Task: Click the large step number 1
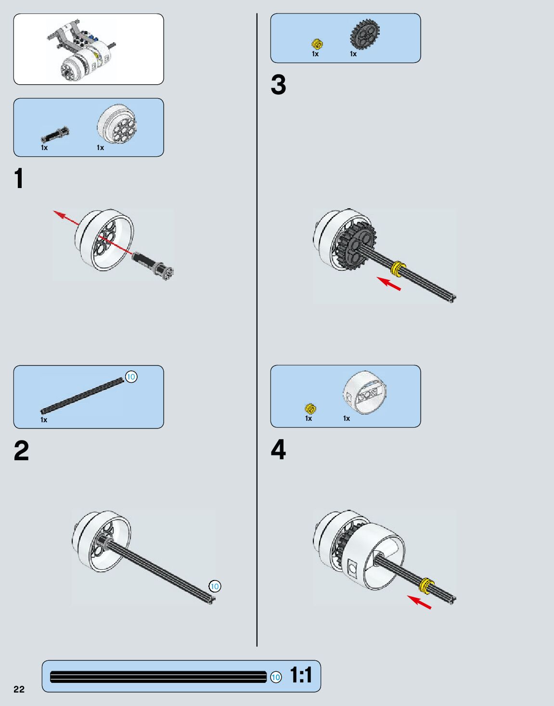coord(19,179)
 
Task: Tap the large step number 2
coord(21,451)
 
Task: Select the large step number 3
coord(278,85)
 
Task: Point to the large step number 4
coord(278,450)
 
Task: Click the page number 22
coord(19,689)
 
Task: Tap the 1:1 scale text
coord(301,676)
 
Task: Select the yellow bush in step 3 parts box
coord(317,44)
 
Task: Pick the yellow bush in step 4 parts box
coord(310,409)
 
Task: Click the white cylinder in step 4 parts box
coord(366,393)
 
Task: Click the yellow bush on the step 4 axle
coord(426,585)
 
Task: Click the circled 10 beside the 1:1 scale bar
coord(275,678)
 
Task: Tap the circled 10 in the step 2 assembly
coord(215,586)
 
